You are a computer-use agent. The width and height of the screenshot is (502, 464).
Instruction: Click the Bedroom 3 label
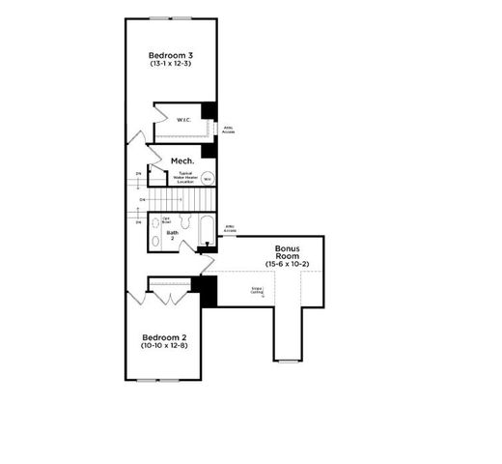point(170,54)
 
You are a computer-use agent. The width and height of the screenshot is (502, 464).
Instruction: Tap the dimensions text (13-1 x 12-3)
point(170,65)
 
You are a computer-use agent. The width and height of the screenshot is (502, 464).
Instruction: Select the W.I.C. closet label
point(183,120)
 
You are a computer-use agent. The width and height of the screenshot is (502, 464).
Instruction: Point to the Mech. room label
point(182,160)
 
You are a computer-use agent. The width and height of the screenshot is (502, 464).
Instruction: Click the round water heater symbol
point(207,178)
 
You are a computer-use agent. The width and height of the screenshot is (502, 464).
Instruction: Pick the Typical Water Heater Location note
point(185,178)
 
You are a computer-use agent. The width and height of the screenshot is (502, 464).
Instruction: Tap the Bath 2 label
point(172,234)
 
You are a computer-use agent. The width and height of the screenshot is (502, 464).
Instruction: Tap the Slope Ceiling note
point(257,289)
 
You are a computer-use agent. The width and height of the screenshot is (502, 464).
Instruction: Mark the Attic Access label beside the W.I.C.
point(228,128)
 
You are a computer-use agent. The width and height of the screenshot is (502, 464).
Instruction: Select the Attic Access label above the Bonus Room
point(230,230)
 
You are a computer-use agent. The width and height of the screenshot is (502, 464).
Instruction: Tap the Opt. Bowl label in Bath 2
point(166,219)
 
